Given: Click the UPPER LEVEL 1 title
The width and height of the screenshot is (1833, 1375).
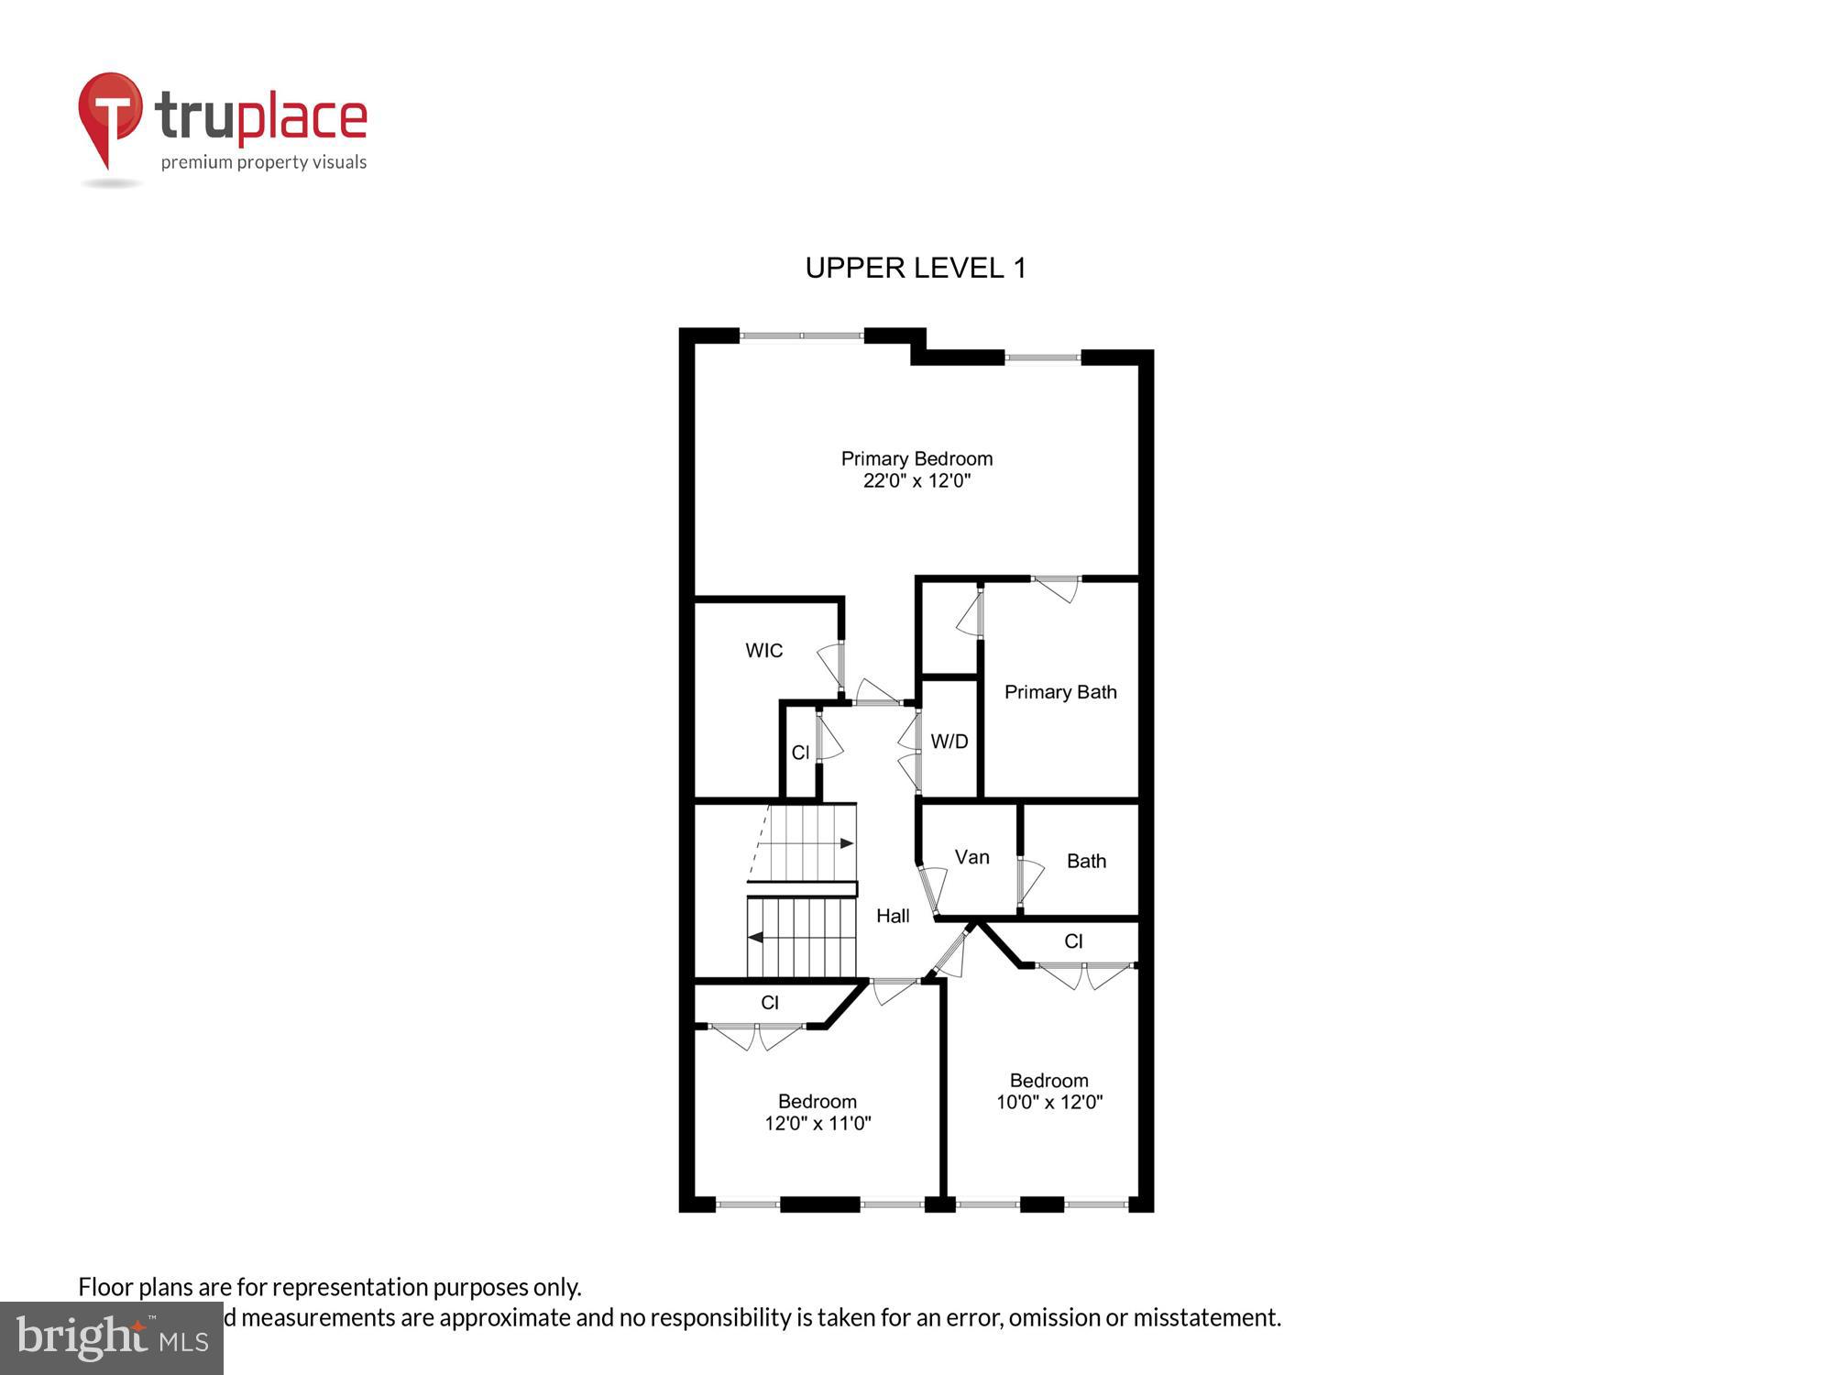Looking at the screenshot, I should coord(915,268).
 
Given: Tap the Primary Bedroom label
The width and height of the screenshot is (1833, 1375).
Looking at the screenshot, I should coord(916,458).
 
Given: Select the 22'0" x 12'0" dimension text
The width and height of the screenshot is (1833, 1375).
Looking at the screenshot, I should coord(916,480).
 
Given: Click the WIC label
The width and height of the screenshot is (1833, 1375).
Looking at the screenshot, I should coord(763,651).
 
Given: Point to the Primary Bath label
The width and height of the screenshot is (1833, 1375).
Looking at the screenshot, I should coord(1060,692).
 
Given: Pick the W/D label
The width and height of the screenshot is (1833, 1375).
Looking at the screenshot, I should coord(949,742).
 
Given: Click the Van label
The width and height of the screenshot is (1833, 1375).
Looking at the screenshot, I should coord(971,857).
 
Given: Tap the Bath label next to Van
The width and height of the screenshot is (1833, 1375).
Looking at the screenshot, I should coord(1086,861).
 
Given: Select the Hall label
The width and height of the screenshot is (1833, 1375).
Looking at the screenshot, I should coord(893,916).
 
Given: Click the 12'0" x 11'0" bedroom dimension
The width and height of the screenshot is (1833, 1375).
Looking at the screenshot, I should coord(818,1123).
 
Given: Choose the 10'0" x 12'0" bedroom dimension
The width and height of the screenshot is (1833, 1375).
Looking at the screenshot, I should coord(1049,1102).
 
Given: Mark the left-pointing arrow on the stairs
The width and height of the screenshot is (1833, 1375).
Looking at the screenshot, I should coord(756,937).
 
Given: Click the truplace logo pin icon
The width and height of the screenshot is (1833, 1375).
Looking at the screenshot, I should coord(110,115).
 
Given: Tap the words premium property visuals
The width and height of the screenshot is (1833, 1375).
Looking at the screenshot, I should coord(264,163).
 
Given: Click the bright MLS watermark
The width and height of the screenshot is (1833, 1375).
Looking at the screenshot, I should coord(112,1338).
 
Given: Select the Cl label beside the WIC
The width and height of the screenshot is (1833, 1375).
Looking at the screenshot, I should coord(800,753).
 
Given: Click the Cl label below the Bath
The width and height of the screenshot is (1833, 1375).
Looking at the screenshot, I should coord(1073,941).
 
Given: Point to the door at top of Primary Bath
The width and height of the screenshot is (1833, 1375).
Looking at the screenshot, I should coord(1057,588).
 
